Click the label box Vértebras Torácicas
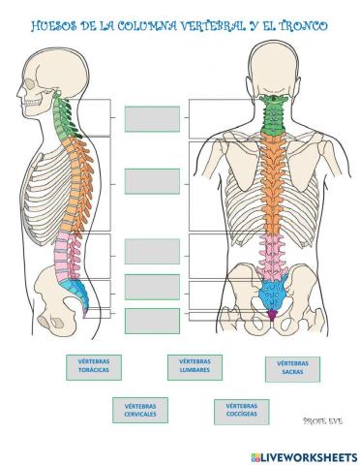click(x=94, y=370)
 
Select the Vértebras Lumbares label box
click(x=195, y=367)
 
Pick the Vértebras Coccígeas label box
click(x=241, y=411)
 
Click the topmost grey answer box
click(x=152, y=118)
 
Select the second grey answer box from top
click(x=152, y=181)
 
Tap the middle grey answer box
click(x=152, y=250)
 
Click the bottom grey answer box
click(x=152, y=321)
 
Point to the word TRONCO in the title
click(x=297, y=25)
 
